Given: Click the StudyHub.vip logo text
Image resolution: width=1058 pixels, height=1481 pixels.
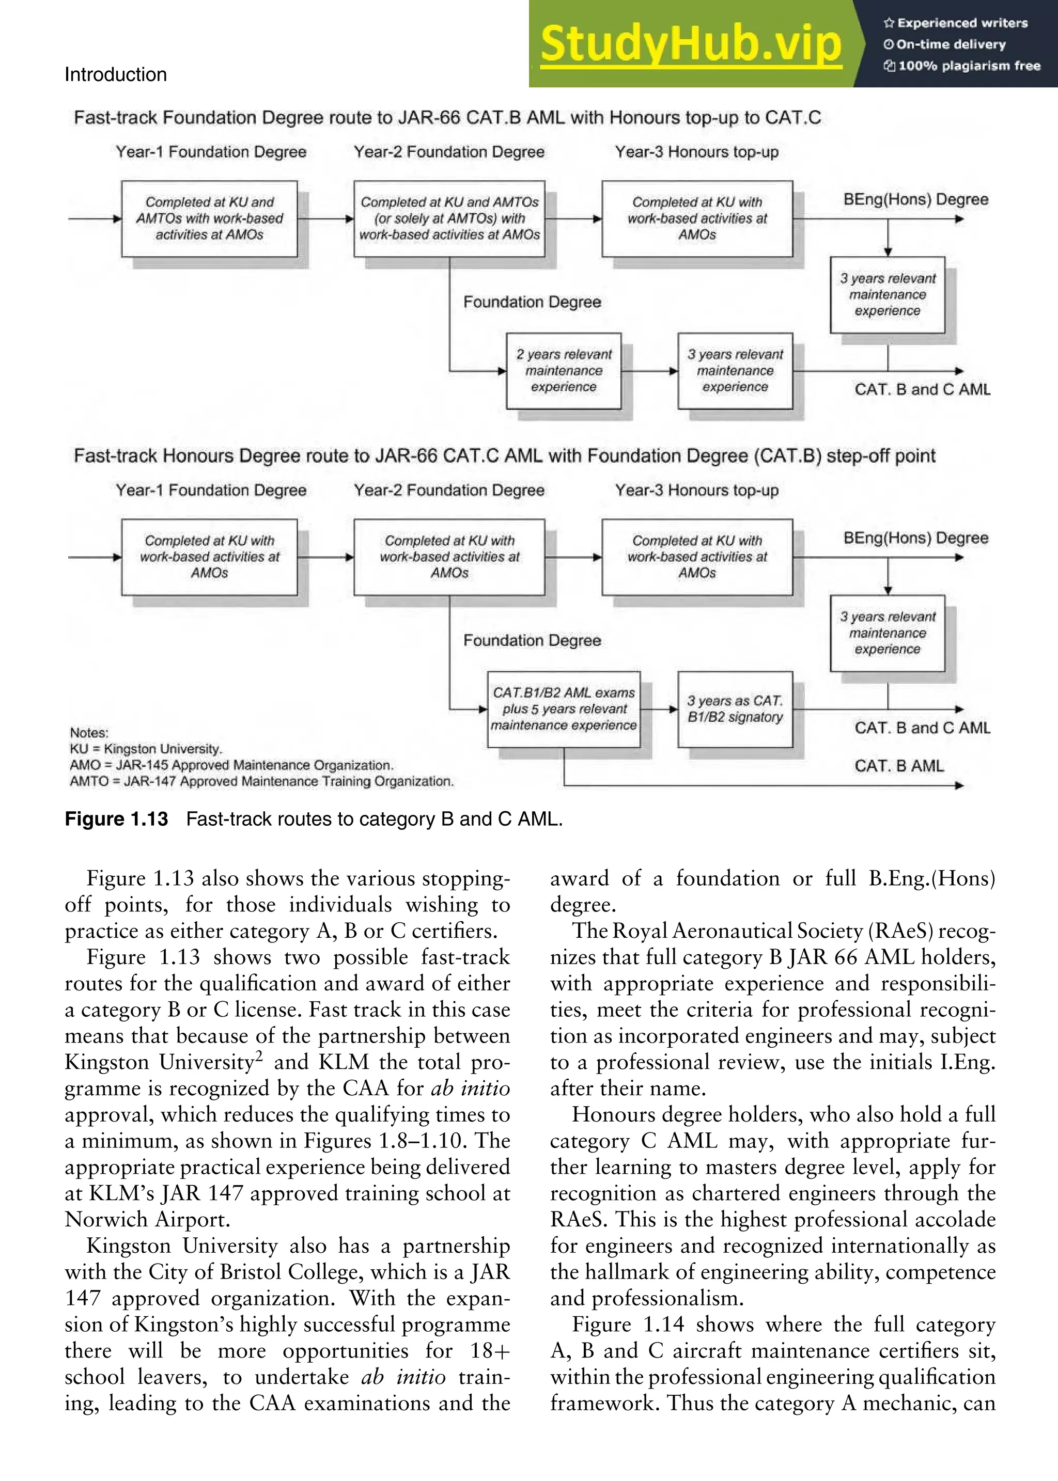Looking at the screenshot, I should click(x=691, y=44).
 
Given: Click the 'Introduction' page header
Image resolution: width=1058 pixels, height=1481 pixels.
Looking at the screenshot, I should click(x=115, y=74).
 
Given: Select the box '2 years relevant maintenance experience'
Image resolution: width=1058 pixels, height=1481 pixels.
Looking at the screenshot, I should click(x=564, y=371).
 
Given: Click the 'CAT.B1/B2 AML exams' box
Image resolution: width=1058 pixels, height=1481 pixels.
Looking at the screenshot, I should click(x=564, y=709).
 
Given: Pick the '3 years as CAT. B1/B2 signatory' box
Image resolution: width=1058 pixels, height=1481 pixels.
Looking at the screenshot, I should click(x=735, y=709).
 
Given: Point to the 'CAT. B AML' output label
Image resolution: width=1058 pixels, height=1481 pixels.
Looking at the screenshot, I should click(x=898, y=766).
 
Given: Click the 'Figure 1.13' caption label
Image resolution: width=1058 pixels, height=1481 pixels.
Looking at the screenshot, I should click(x=116, y=818).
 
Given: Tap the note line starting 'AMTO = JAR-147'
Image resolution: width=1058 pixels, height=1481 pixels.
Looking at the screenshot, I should click(x=260, y=781).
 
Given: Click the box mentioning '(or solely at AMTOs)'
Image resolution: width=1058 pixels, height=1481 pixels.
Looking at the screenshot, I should click(x=449, y=218).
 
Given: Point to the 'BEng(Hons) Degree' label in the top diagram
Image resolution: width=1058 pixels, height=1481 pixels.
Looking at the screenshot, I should click(x=915, y=199).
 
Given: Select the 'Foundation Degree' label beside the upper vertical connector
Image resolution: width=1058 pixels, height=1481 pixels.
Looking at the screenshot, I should click(x=532, y=302).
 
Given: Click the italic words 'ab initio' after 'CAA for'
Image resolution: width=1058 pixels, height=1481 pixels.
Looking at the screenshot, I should click(x=470, y=1088).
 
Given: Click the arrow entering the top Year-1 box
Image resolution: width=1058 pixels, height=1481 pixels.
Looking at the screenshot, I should click(x=95, y=219).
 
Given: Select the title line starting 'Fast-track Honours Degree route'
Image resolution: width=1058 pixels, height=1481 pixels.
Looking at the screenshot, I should click(x=504, y=456).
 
